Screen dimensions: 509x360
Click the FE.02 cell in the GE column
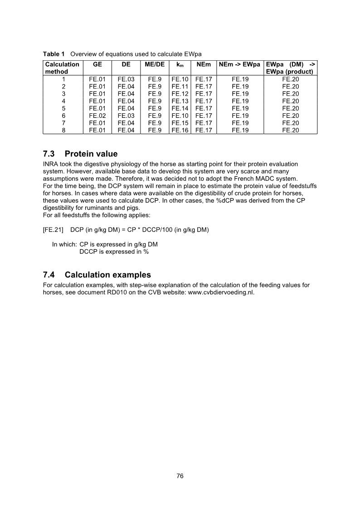tap(97, 116)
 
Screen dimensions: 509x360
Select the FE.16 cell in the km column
tap(180, 130)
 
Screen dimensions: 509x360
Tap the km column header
tap(180, 65)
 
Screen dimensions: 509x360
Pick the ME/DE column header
tap(155, 65)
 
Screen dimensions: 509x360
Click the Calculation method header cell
tap(63, 68)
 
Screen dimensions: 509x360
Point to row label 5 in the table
tap(64, 108)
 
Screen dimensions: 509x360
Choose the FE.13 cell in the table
tap(180, 101)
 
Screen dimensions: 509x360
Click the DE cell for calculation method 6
tap(126, 116)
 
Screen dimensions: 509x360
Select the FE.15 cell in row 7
tap(180, 123)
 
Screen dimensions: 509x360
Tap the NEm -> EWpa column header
tap(239, 65)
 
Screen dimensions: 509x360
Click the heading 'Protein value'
tap(91, 154)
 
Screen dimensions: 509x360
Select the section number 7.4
tap(51, 275)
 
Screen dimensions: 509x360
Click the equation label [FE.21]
tap(53, 229)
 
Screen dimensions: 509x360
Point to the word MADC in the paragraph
tap(245, 178)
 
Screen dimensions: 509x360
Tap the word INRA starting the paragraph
tap(51, 164)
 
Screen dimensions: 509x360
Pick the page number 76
tap(180, 475)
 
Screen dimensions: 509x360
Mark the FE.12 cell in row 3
tap(180, 94)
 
